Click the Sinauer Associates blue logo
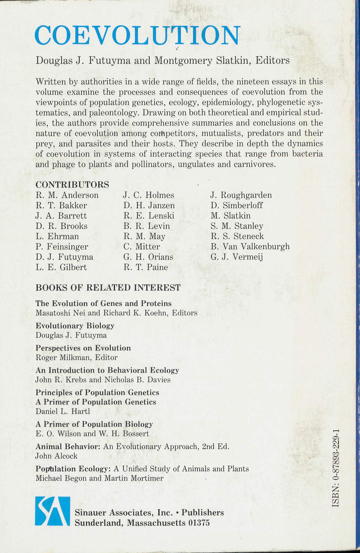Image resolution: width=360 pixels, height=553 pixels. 53,511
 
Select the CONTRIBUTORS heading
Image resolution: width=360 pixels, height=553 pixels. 72,184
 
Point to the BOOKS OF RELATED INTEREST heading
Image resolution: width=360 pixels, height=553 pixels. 108,288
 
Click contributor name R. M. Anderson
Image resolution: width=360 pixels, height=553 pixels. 67,195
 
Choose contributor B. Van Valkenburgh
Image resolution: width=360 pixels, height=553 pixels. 250,247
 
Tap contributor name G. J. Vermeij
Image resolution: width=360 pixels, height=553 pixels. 237,257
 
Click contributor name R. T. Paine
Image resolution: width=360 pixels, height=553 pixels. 145,267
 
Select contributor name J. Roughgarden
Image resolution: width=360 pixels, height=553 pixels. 241,195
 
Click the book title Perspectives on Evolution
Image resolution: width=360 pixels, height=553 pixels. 83,348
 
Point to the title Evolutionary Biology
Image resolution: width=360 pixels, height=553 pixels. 75,325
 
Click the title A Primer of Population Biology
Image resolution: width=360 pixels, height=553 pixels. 94,424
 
